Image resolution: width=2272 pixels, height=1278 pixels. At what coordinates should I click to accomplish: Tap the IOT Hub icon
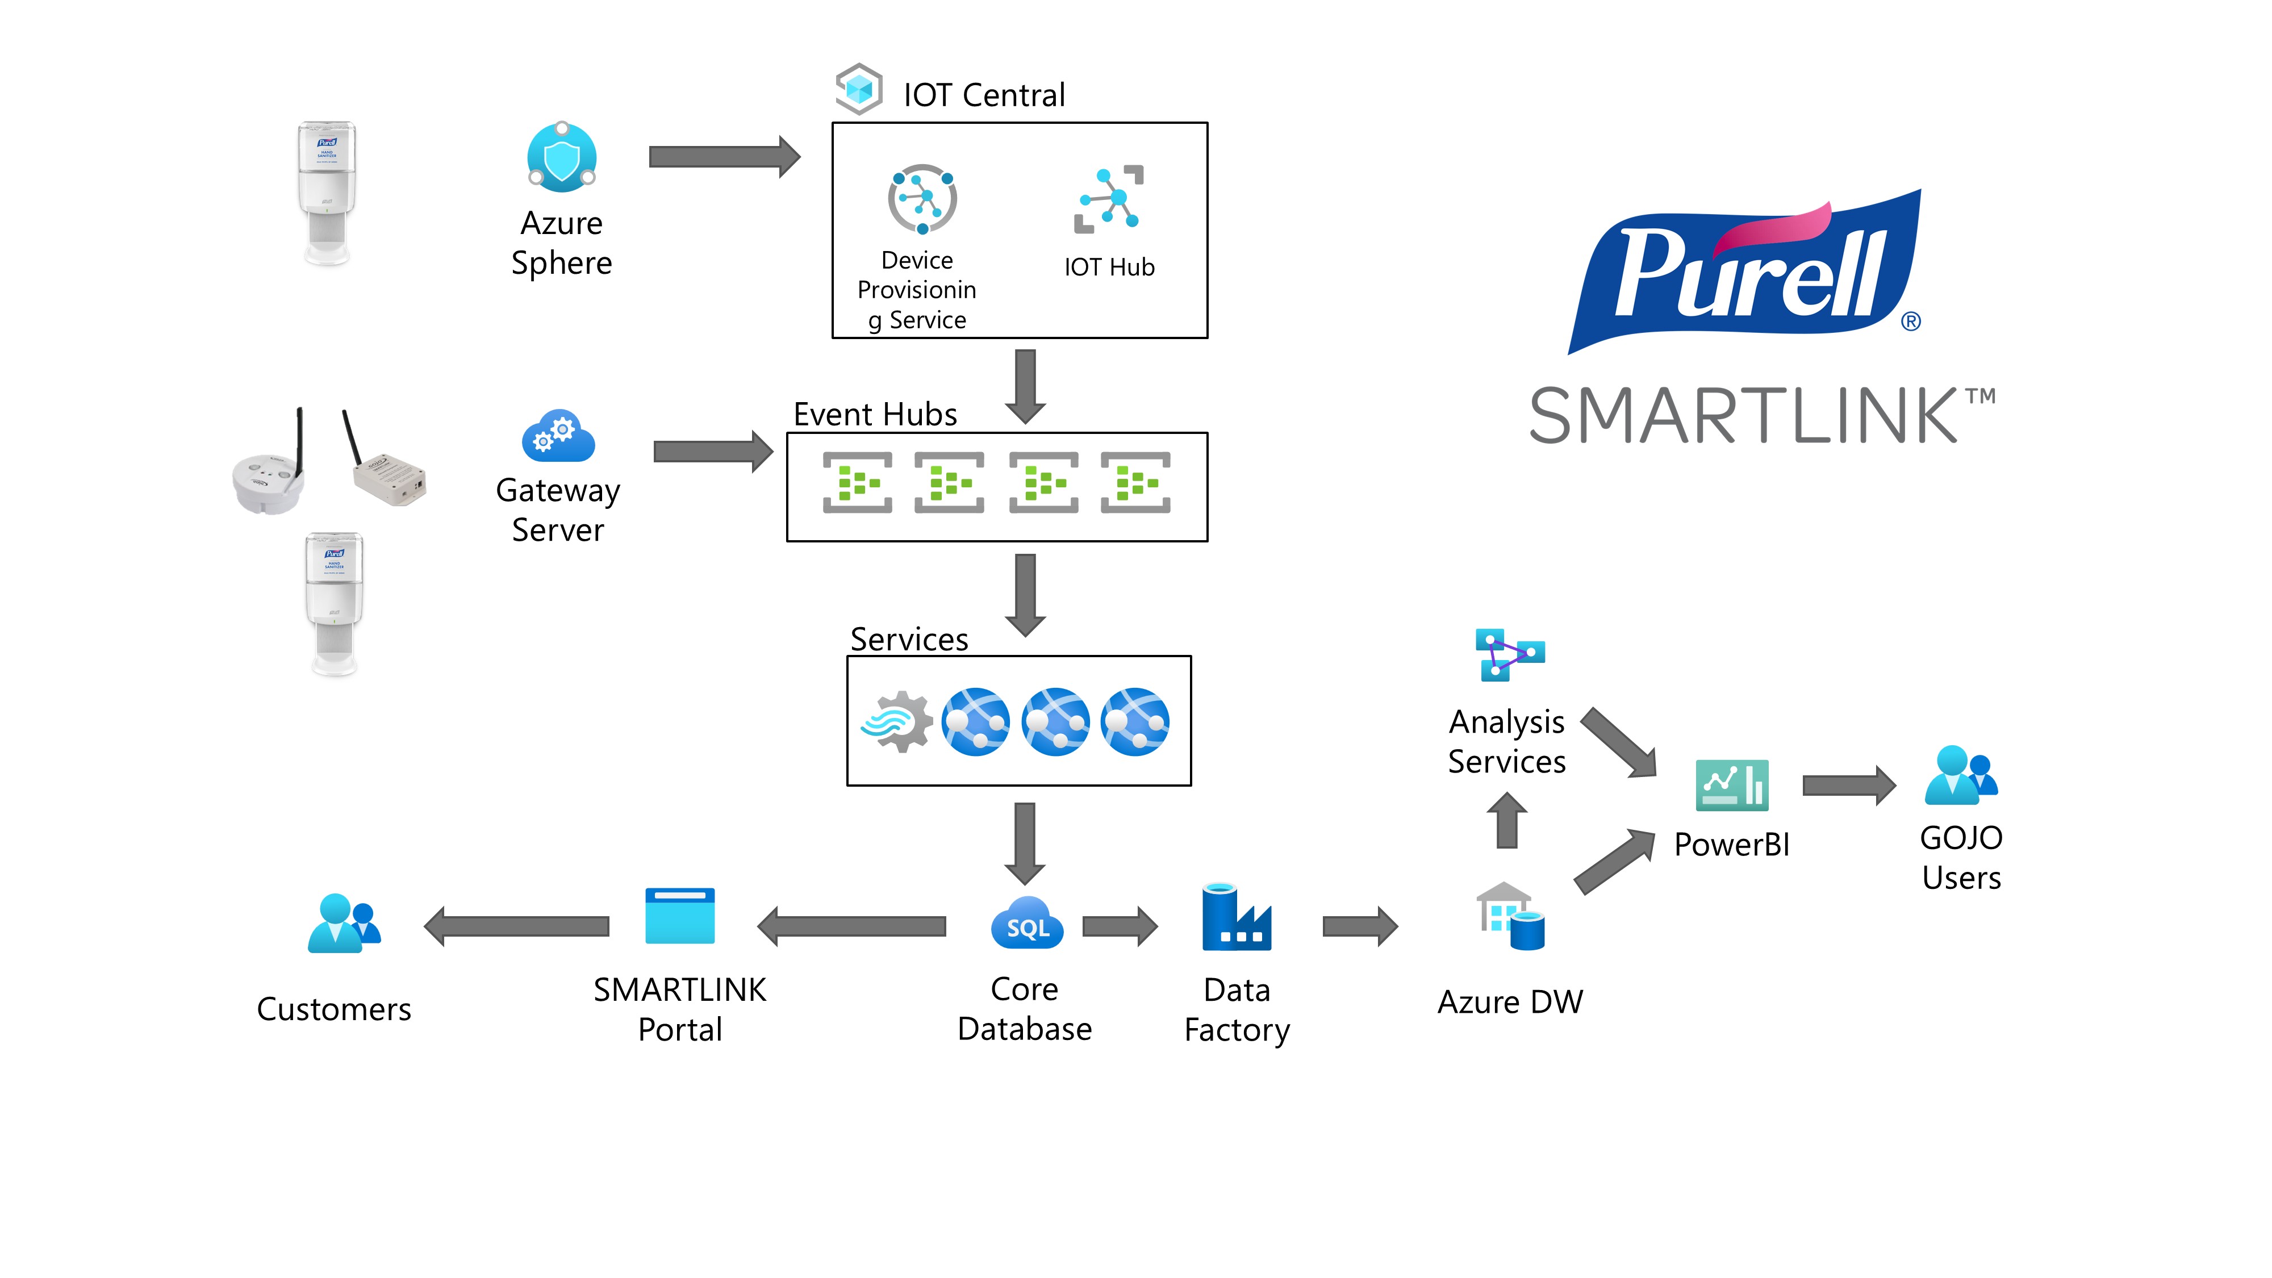point(1109,199)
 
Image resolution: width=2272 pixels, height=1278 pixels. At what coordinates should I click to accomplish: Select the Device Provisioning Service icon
point(922,198)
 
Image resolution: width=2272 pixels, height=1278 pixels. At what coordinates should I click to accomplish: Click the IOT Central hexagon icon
point(858,89)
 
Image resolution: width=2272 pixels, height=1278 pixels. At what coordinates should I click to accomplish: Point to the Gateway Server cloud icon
point(558,436)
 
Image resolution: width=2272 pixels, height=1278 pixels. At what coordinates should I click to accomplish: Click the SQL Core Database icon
point(1026,924)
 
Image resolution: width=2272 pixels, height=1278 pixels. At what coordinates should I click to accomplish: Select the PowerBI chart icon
point(1731,785)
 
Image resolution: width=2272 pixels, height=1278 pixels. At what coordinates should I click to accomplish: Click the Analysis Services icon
point(1509,654)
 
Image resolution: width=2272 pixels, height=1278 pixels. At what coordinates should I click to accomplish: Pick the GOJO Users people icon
point(1961,776)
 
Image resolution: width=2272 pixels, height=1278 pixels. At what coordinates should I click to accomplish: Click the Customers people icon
point(344,924)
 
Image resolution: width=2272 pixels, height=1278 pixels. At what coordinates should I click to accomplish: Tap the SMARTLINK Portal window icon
point(680,916)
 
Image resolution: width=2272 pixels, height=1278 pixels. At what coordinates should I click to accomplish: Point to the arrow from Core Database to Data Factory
point(1119,926)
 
